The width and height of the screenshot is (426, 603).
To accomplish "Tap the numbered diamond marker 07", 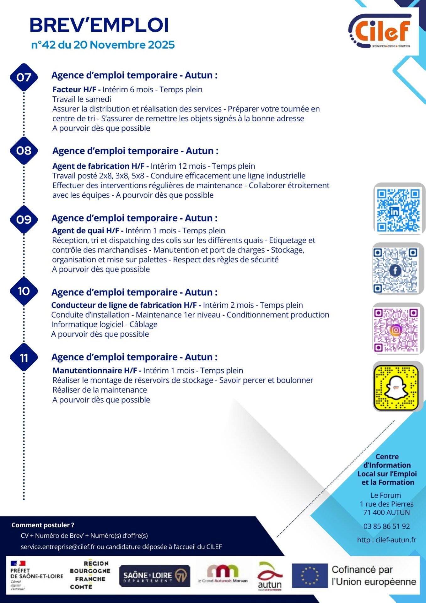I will click(x=24, y=77).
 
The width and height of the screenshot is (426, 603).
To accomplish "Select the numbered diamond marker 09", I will click(x=24, y=220).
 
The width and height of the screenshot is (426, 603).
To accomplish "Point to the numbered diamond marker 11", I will click(x=24, y=358).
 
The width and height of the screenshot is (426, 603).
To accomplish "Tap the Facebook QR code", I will click(x=396, y=270).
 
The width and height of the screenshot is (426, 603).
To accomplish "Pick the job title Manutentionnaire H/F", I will click(x=95, y=371).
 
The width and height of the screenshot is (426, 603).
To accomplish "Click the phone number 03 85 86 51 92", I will click(x=386, y=526).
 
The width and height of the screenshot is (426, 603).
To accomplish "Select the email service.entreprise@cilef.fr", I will click(x=58, y=547).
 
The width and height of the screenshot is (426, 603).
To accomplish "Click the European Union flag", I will click(x=310, y=575).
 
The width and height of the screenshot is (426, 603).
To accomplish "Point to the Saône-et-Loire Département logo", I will click(x=154, y=576).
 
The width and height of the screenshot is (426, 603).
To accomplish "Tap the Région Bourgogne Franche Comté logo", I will click(x=90, y=575).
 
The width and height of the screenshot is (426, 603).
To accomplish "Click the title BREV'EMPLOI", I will click(x=99, y=25).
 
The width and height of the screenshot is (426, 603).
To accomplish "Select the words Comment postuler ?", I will click(x=43, y=525).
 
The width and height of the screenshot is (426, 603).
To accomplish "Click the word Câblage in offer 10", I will click(x=143, y=324).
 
